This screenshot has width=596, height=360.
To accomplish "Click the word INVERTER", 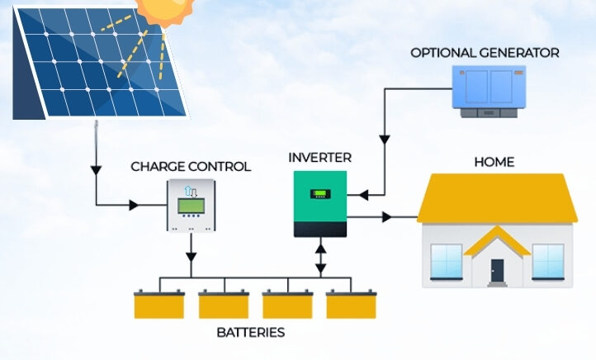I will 320,157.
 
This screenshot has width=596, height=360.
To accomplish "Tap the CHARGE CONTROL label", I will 191,167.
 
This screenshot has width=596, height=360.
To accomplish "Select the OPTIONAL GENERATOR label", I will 485,53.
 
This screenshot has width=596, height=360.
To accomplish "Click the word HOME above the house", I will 494,162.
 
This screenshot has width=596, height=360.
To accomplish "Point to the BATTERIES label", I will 250,333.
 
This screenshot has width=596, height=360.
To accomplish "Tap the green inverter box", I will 320,203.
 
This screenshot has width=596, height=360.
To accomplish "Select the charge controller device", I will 191,205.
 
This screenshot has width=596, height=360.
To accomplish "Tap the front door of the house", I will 497,269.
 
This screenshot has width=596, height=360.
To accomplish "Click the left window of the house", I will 447,261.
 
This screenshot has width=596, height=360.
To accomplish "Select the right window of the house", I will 547,261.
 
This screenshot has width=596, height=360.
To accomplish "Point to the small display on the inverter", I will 319,196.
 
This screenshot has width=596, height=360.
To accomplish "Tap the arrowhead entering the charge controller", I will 134,205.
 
